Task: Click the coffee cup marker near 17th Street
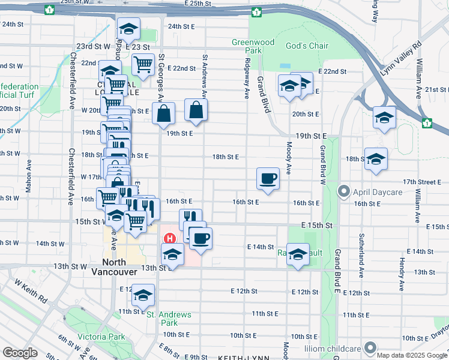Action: click(x=268, y=178)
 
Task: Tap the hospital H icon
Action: click(x=169, y=239)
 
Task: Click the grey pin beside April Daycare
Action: click(x=344, y=192)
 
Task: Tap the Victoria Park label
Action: click(x=101, y=337)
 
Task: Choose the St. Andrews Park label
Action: click(x=169, y=319)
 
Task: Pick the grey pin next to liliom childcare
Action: click(x=370, y=347)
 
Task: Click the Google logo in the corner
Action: click(x=20, y=353)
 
